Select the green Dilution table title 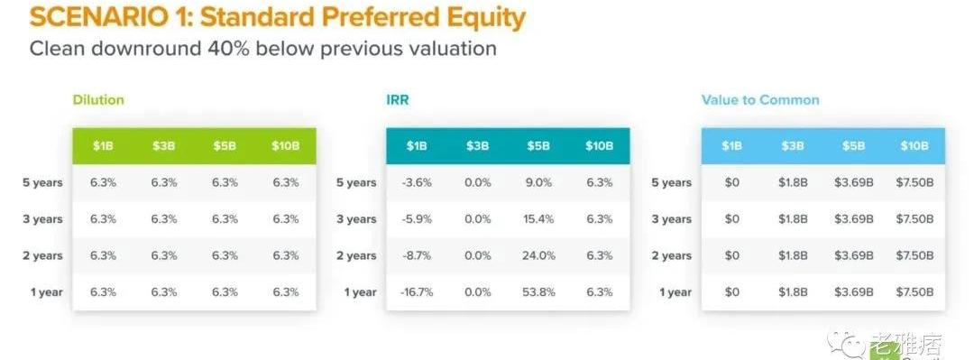pos(98,100)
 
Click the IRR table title pos(398,100)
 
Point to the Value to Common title pos(760,100)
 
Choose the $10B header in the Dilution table pos(286,146)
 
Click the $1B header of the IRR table pos(416,146)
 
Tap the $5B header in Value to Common pos(853,146)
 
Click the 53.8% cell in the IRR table pos(538,291)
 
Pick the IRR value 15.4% pos(538,219)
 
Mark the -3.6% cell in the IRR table pos(416,183)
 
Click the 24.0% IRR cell pos(538,255)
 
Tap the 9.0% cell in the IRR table pos(538,183)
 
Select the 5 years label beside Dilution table pos(43,183)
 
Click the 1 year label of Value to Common pos(675,292)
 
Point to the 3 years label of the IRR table pos(356,219)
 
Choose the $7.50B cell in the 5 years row pos(914,183)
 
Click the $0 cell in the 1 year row pos(731,291)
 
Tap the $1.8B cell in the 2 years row pos(793,255)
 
